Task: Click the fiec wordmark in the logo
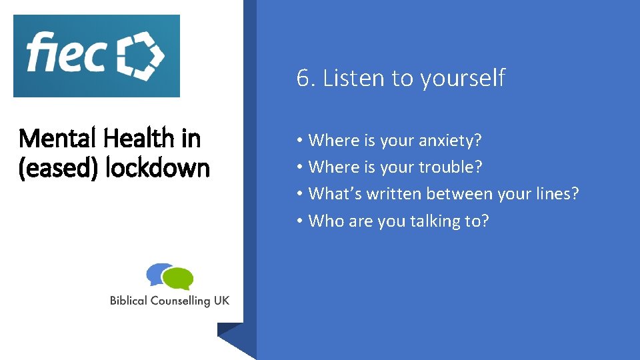(66, 53)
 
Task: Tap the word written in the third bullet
(389, 194)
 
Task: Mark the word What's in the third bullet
(331, 194)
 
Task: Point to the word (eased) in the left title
(59, 167)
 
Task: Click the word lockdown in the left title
(158, 167)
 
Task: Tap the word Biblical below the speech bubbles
(129, 301)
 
